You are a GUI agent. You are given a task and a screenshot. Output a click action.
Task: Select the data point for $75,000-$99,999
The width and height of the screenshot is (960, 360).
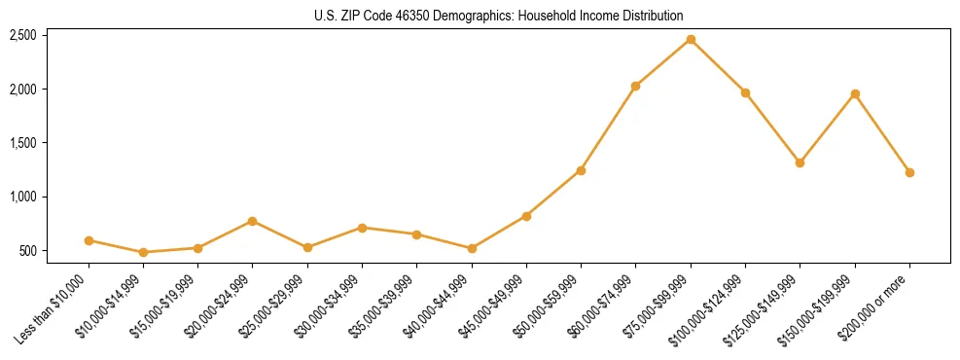tap(691, 39)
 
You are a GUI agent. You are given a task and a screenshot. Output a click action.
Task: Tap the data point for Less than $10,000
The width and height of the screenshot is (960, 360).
tap(89, 240)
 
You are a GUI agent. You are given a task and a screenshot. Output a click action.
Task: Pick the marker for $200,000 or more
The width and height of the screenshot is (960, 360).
tap(909, 172)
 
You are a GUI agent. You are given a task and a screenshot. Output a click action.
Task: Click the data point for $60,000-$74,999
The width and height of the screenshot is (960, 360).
tap(635, 86)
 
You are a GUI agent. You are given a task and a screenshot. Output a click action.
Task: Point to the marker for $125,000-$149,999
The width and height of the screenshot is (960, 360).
tap(800, 162)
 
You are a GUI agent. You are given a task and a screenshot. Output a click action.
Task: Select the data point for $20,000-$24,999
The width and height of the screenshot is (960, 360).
tap(253, 221)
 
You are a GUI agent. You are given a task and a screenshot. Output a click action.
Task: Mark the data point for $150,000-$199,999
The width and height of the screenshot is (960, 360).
tap(855, 93)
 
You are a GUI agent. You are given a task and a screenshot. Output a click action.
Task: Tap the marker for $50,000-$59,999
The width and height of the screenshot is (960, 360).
tap(581, 170)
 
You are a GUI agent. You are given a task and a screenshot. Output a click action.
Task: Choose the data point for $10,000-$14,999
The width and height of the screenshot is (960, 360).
tap(144, 252)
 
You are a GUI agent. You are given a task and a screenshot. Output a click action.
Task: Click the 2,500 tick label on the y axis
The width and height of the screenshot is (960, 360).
tap(22, 35)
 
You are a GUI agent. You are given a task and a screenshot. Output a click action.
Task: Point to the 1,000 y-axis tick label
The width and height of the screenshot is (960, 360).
tap(22, 197)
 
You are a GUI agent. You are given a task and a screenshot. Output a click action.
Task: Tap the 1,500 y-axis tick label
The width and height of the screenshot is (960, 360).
tap(22, 143)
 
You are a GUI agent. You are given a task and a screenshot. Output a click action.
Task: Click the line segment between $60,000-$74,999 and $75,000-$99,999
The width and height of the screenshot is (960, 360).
tap(662, 62)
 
